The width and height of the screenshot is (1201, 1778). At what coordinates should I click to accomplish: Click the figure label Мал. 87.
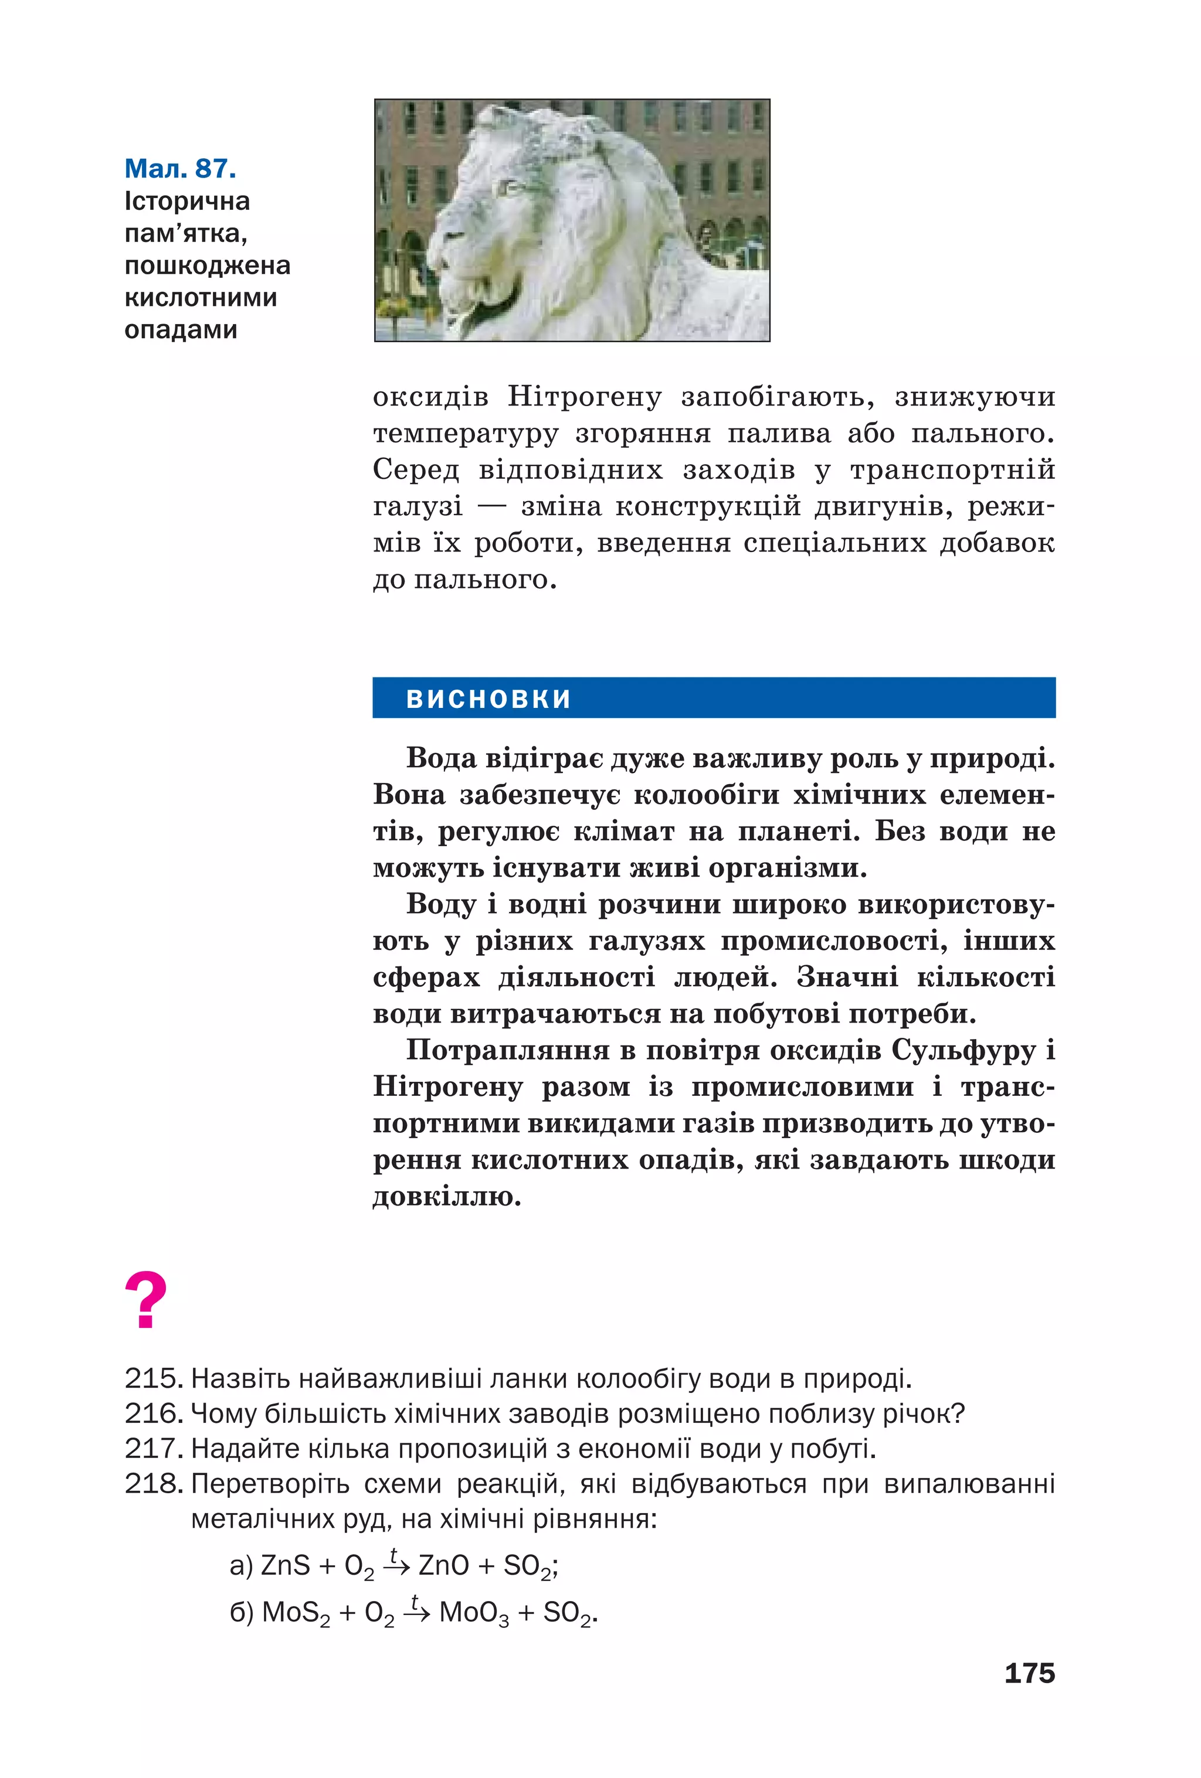pyautogui.click(x=180, y=168)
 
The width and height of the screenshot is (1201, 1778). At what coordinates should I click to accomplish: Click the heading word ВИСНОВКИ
pyautogui.click(x=488, y=699)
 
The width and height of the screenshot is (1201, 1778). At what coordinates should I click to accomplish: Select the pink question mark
pyautogui.click(x=145, y=1300)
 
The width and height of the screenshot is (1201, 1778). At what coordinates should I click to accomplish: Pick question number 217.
pyautogui.click(x=152, y=1448)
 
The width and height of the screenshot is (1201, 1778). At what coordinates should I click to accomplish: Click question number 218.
pyautogui.click(x=152, y=1483)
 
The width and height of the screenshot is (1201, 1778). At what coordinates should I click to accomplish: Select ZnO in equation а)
pyautogui.click(x=443, y=1565)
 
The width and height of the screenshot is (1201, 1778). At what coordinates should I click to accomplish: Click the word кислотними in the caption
pyautogui.click(x=201, y=297)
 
